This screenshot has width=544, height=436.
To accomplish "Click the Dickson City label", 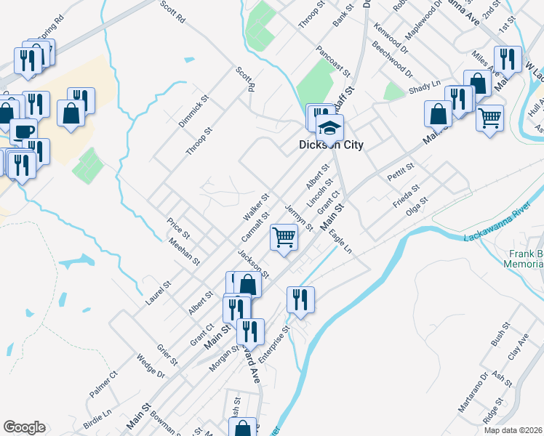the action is (331, 145).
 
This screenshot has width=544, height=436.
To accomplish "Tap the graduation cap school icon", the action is (329, 127).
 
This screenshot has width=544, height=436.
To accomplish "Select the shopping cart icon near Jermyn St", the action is (284, 236).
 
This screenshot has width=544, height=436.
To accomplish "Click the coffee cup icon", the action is (23, 131).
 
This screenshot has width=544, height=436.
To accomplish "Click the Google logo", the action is (24, 427).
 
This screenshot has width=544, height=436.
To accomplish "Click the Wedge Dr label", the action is (151, 367).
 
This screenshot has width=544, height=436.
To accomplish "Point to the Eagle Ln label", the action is (340, 241).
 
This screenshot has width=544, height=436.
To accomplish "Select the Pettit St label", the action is (401, 171).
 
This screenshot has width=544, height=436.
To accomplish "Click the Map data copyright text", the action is (512, 430).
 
